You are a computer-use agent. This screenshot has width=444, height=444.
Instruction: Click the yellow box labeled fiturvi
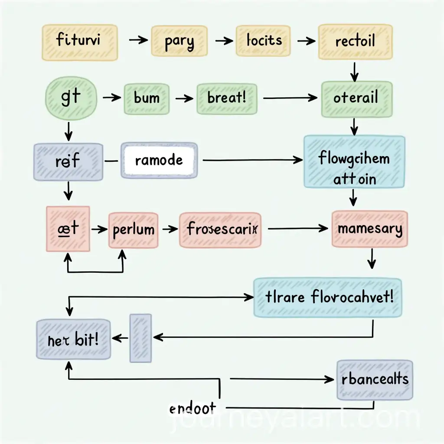pos(79,42)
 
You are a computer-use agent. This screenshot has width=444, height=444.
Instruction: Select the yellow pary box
pos(179,41)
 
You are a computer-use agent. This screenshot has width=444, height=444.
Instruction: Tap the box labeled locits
pos(264,41)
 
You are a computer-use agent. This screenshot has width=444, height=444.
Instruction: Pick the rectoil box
pos(356,42)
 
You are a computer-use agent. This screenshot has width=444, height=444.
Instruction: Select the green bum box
pos(147,98)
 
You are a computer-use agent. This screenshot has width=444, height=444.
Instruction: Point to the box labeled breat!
pos(227,98)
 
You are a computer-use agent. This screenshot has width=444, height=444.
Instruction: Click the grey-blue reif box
pos(68,161)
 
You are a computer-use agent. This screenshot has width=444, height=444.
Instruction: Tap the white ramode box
pos(159,160)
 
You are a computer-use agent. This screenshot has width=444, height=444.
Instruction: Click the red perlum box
pos(133,229)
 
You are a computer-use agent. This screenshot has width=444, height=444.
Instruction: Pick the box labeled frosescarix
pos(220,229)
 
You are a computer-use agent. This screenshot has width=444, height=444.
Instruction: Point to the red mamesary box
pos(369,229)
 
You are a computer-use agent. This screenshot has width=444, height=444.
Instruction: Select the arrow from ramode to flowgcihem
pos(251,160)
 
